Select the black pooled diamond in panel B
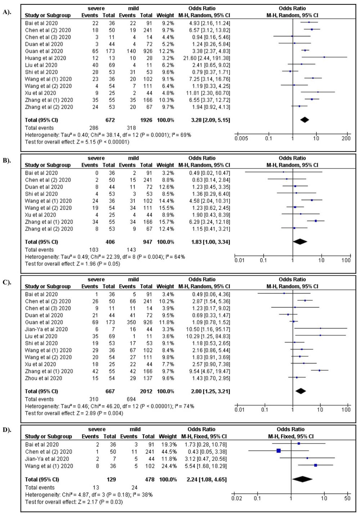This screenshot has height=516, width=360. tap(300, 242)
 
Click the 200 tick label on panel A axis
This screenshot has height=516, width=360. tap(346, 138)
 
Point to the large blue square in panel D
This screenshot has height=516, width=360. tap(279, 450)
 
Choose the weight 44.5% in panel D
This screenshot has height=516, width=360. tap(168, 451)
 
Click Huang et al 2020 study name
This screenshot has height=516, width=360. tap(45, 58)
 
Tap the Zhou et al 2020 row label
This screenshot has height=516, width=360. tap(44, 378)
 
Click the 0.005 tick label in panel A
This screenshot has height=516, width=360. tap(241, 138)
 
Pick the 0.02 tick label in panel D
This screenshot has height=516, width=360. tap(237, 498)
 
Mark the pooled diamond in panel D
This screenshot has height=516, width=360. tap(302, 479)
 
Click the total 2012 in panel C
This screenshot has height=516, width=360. tap(146, 391)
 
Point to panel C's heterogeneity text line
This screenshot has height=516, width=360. tap(109, 406)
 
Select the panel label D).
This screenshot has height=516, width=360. tap(7, 430)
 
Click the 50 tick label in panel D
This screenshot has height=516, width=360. tap(347, 498)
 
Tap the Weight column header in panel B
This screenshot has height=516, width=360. tap(165, 165)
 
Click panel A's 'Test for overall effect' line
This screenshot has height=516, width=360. tap(77, 142)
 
